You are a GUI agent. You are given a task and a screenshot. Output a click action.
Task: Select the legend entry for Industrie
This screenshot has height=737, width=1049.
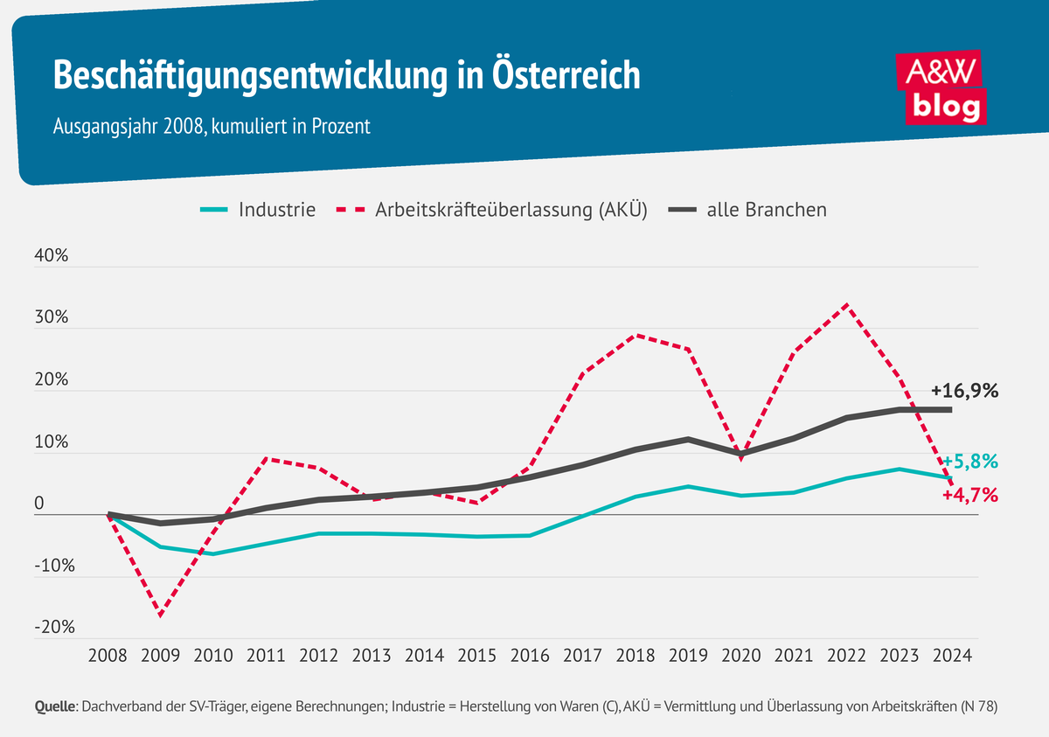258,210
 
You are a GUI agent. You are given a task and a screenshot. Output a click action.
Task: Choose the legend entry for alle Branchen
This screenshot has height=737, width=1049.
747,210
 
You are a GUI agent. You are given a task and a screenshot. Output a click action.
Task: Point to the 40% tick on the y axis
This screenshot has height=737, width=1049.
52,255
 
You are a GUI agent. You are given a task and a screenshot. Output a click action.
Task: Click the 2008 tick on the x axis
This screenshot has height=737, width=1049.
108,655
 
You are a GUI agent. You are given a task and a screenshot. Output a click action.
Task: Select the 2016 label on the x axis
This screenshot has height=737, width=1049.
530,655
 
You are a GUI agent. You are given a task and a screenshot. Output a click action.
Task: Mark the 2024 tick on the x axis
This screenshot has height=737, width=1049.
951,655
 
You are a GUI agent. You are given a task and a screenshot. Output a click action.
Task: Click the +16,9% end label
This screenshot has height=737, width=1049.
964,391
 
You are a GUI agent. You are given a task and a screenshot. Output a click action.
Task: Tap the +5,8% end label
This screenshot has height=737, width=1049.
969,461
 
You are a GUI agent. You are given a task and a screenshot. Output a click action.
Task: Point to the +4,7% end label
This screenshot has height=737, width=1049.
969,496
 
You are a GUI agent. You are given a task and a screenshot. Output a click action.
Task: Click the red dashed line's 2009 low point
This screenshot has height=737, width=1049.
161,615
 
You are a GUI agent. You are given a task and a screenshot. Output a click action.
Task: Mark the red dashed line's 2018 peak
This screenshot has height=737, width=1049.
636,335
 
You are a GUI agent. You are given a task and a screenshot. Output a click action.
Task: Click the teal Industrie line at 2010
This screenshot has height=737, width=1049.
213,553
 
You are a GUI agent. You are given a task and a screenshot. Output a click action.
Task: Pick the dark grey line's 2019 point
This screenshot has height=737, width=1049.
688,439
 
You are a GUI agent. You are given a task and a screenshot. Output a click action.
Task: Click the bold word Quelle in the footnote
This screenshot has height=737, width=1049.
54,706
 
